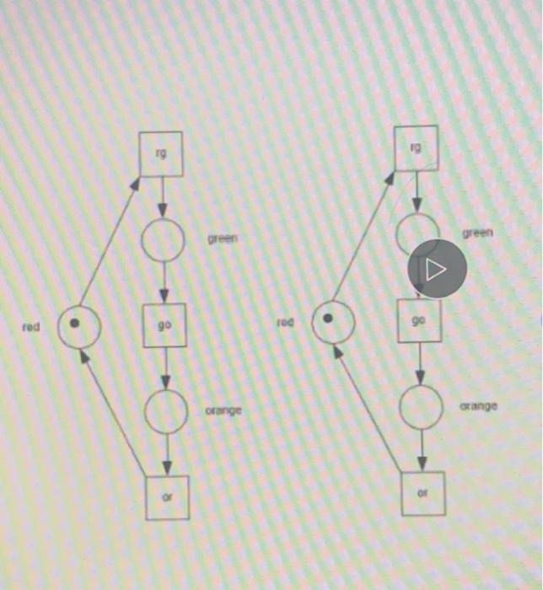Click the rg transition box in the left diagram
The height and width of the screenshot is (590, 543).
coord(162,155)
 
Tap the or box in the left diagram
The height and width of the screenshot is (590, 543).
coord(166,497)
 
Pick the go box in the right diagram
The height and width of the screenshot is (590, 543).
coord(419,320)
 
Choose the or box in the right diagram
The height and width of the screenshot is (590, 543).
coord(422,493)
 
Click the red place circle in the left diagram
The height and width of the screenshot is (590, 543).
coord(79,325)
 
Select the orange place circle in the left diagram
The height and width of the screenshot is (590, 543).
coord(166,411)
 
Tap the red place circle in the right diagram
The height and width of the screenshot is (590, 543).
coord(332,320)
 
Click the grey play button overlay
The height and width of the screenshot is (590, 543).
coord(437,270)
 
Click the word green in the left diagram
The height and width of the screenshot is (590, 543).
coord(223,239)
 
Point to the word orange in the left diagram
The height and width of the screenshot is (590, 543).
coord(223,410)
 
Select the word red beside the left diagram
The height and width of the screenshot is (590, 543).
coord(31,325)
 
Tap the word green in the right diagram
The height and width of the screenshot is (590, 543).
coord(477,233)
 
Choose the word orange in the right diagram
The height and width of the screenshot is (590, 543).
coord(478,406)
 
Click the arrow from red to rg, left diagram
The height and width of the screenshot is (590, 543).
coord(108,239)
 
